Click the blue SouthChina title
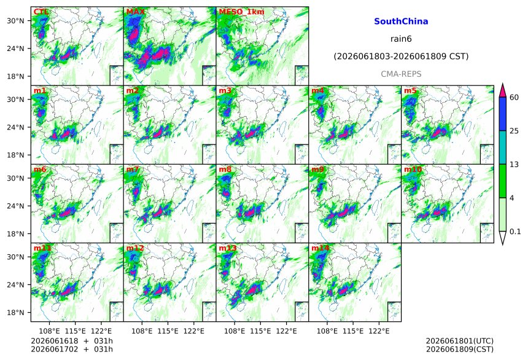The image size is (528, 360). tap(401, 22)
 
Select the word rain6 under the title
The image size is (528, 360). tap(401, 39)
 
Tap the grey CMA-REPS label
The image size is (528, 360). tap(401, 74)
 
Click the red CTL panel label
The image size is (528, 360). tap(41, 12)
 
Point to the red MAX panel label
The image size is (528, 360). tap(135, 12)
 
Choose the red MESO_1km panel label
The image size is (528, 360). tap(241, 12)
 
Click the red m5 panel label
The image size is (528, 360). tap(410, 91)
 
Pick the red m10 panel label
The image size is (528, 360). tap(413, 169)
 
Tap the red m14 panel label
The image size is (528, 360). tap(320, 248)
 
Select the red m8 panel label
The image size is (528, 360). tap(225, 169)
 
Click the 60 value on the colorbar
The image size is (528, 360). tap(514, 98)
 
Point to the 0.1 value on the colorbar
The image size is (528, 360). tap(515, 232)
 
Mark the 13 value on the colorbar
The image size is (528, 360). tap(514, 165)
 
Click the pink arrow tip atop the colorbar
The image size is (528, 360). tap(502, 84)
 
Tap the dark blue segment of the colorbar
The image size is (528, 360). tap(502, 114)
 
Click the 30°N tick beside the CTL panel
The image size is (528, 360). tap(15, 21)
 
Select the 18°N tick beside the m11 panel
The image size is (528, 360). tap(15, 313)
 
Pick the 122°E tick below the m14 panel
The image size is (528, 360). tap(379, 331)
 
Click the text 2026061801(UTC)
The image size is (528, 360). tap(460, 341)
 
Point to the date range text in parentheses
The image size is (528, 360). tap(401, 57)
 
